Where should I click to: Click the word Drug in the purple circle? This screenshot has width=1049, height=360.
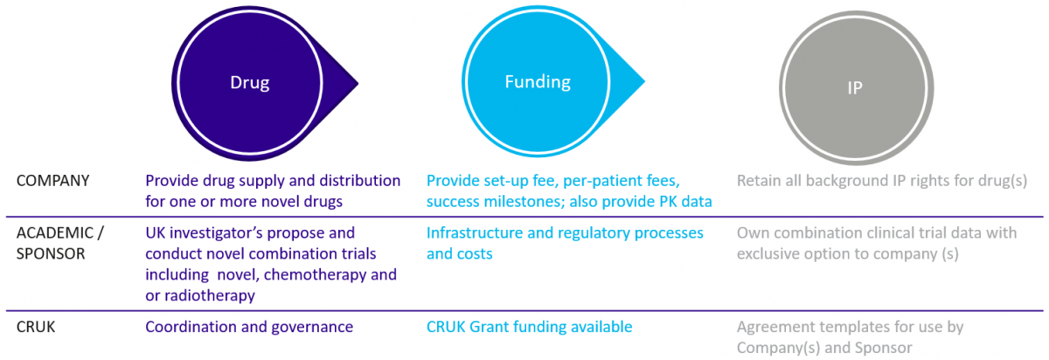click(x=250, y=83)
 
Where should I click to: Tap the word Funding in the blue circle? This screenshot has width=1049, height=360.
click(x=538, y=82)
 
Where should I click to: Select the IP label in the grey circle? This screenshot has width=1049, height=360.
click(x=855, y=87)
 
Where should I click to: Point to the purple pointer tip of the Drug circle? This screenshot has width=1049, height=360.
click(x=358, y=84)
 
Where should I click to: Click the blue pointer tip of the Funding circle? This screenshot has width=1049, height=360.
click(x=644, y=81)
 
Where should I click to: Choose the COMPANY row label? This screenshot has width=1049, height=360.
click(x=53, y=181)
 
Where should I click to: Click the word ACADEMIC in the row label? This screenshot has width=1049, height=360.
click(x=55, y=232)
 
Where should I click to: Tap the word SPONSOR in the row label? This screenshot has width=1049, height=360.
click(x=51, y=253)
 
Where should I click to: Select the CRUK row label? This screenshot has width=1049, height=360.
click(x=36, y=327)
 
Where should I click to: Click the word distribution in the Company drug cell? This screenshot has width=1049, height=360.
click(x=359, y=181)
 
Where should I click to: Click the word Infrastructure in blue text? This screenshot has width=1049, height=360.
click(x=477, y=232)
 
